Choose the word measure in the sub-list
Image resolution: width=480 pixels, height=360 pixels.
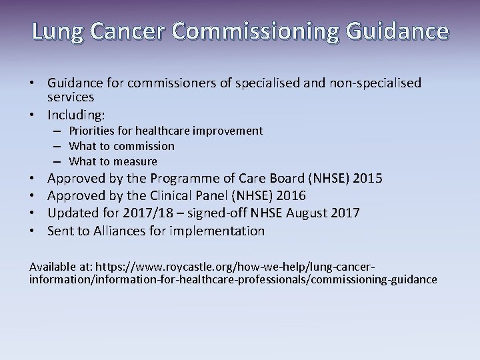coord(136,161)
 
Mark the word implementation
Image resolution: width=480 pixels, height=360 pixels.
coord(219,231)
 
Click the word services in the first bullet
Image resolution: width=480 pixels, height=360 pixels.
coord(70,97)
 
